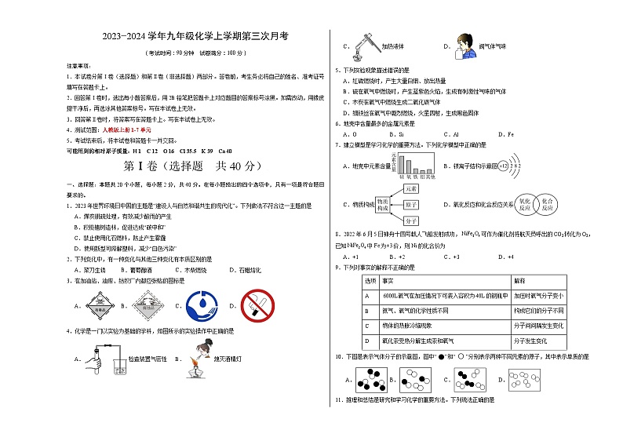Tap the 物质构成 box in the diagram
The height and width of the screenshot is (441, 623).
[x=382, y=205]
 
